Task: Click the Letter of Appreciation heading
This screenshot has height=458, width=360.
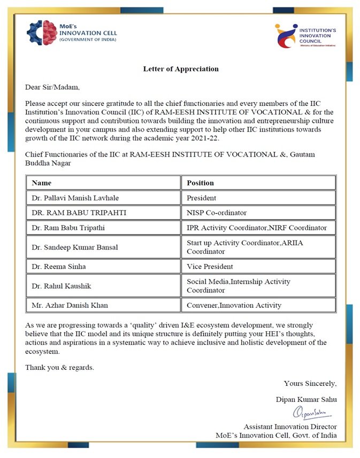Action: click(181, 69)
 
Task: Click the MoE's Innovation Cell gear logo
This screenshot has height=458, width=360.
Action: click(42, 32)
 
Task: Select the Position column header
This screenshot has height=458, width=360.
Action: click(200, 183)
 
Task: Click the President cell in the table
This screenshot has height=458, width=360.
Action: click(202, 198)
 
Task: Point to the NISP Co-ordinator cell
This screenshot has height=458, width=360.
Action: click(217, 213)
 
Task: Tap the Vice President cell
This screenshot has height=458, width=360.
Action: click(210, 266)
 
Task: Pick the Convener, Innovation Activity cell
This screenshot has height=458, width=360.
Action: click(234, 305)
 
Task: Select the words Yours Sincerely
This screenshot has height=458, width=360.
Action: click(310, 383)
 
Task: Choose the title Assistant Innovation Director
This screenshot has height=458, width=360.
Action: click(290, 426)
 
